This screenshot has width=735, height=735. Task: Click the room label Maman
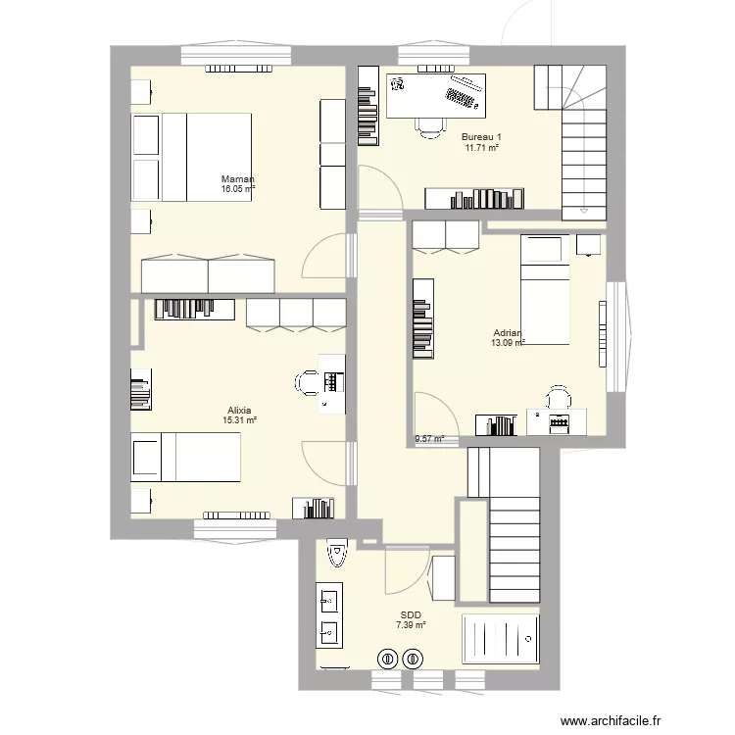238,179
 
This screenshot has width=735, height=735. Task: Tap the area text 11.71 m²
482,147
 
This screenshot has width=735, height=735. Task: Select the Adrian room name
508,332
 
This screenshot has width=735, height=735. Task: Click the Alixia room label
239,410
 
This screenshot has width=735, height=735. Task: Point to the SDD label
411,614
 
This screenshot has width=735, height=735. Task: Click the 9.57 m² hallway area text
429,440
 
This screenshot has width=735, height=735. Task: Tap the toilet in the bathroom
337,556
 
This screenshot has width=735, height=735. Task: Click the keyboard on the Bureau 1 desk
465,96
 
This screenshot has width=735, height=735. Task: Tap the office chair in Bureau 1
427,126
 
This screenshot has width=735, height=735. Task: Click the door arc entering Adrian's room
430,416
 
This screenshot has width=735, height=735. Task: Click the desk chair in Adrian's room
559,398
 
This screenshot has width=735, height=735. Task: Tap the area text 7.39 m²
411,625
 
